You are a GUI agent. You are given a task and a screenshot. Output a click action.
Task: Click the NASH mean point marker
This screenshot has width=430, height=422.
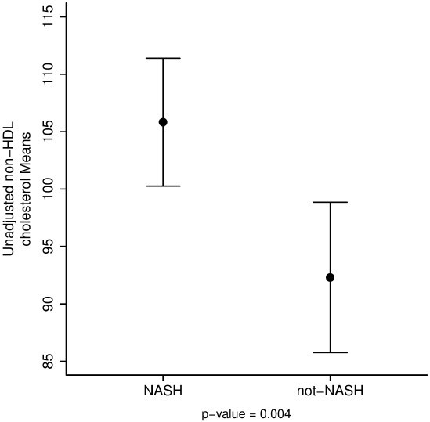[163, 122]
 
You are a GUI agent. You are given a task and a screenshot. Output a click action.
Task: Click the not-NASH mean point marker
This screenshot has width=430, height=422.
[330, 277]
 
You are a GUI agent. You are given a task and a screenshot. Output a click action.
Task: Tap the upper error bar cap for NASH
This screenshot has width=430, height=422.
[163, 58]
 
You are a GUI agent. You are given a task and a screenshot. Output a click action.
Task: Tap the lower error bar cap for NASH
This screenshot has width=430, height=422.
[163, 186]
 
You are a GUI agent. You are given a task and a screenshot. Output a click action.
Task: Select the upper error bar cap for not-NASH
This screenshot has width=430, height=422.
[330, 202]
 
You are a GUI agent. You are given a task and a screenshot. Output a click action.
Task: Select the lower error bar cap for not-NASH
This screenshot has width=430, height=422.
[330, 352]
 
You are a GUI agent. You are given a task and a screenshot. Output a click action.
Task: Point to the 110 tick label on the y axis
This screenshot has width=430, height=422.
[48, 74]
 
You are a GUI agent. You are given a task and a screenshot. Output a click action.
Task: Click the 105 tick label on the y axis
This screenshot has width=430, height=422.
[48, 132]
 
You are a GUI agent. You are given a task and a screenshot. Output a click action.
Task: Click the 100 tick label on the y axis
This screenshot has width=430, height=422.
[48, 189]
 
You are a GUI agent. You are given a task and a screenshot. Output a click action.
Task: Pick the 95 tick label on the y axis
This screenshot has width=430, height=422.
[48, 247]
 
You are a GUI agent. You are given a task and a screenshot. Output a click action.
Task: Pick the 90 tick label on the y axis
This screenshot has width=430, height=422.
[48, 304]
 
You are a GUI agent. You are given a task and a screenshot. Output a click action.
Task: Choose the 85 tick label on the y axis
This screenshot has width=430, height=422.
[48, 361]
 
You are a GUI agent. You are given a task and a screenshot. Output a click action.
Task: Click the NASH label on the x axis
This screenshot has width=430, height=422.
[163, 390]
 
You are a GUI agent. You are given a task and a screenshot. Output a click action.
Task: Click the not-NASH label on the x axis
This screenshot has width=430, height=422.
[330, 390]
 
